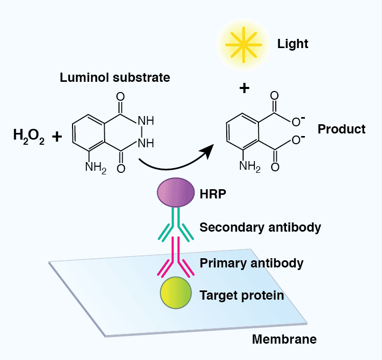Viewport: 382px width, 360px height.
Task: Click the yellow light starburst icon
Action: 244,44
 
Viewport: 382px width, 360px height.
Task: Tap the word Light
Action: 293,43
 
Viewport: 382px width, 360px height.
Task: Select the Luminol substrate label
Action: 115,78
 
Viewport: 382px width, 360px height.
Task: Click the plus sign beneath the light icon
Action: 245,88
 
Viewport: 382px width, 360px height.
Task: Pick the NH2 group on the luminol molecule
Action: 96,167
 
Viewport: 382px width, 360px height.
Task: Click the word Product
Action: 342,129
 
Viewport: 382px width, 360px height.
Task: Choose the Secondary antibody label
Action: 260,227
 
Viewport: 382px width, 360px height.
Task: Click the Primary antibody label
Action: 251,263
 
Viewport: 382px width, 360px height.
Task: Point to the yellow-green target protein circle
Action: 176,293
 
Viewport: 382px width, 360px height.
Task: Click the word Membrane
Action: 284,339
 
